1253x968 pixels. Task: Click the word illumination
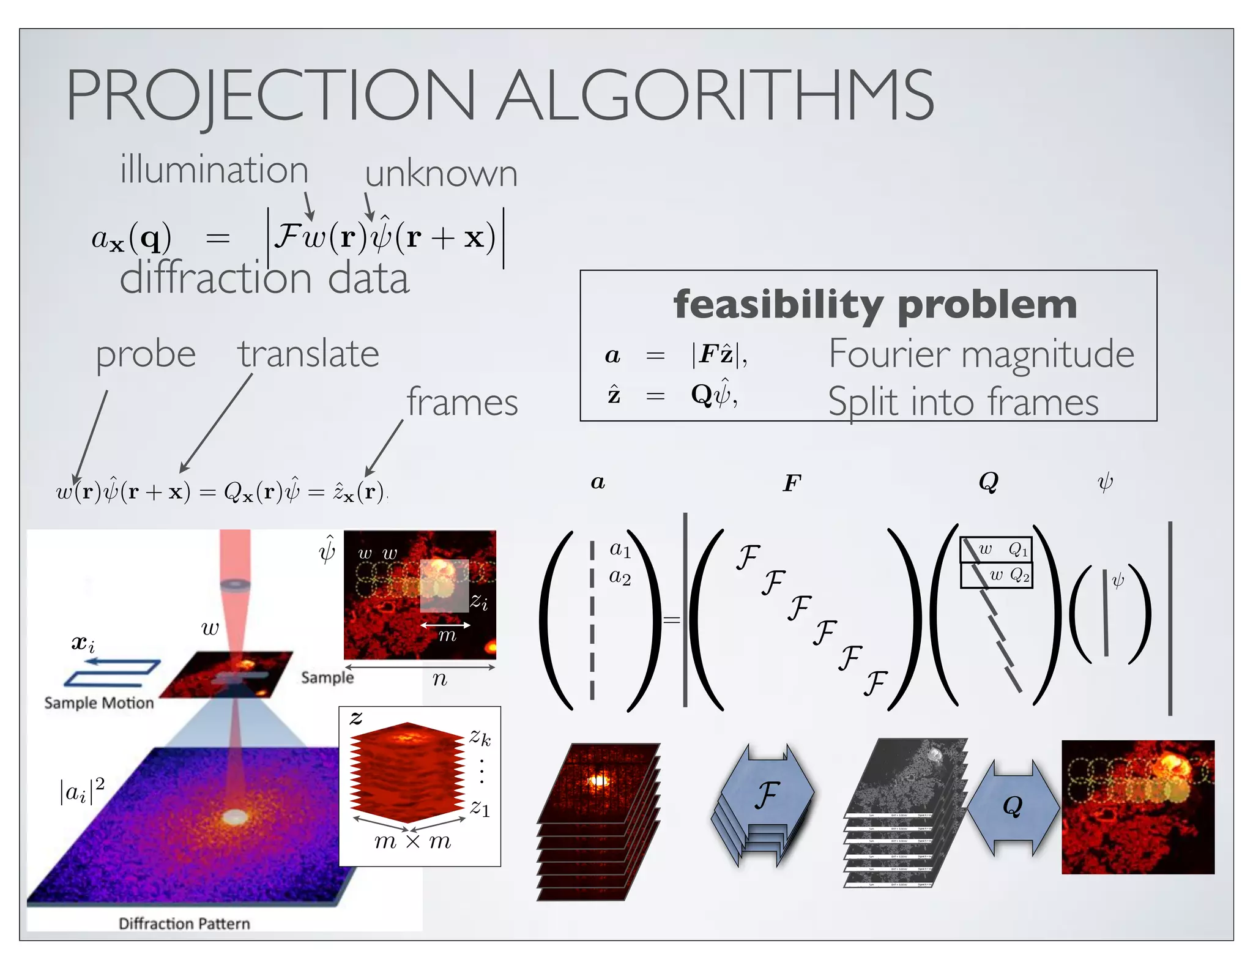(214, 170)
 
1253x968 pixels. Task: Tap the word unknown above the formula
(441, 174)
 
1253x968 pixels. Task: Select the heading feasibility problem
(875, 304)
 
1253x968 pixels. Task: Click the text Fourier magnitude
(981, 354)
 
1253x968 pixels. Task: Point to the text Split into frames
(963, 402)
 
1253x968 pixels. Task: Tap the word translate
(308, 354)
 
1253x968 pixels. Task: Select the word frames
(463, 403)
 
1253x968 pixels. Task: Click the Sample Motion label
(99, 703)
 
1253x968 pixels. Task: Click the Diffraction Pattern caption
(184, 923)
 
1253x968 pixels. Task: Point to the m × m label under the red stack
(412, 842)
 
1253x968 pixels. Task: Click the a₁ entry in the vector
(620, 549)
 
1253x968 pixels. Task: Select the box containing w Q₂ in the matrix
(997, 575)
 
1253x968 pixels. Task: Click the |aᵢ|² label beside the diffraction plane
(82, 791)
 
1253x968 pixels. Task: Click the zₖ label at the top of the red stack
(480, 737)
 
